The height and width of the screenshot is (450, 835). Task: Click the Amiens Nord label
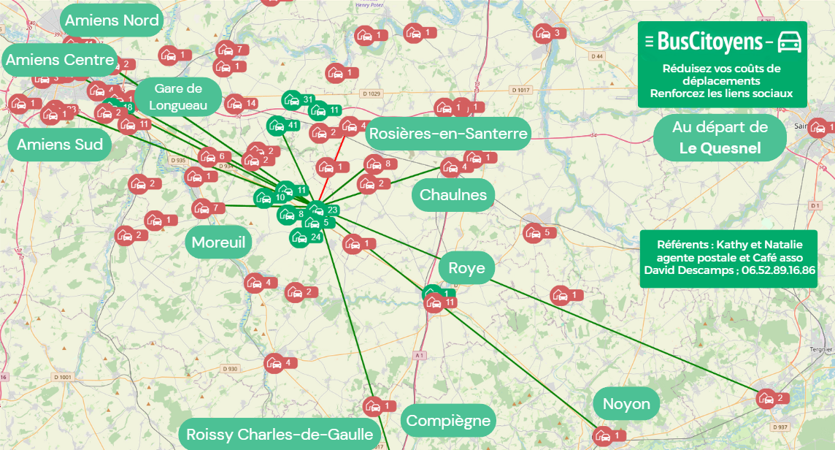tap(112, 20)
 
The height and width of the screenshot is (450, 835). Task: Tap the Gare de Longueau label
tap(178, 96)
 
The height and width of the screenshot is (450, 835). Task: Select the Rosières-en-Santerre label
tap(447, 134)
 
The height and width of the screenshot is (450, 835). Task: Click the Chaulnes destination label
tap(453, 195)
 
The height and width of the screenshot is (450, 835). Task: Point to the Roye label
tap(466, 268)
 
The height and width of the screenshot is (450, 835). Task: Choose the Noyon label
tap(626, 404)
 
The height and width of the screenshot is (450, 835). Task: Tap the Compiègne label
tap(448, 421)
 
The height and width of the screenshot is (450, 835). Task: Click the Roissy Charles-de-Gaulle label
tap(280, 435)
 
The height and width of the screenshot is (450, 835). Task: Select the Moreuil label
tap(218, 242)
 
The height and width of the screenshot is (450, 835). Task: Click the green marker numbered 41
tap(277, 126)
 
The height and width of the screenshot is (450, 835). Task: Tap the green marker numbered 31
tap(291, 100)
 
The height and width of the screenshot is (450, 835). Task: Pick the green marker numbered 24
tap(299, 237)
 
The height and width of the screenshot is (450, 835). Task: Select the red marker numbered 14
tap(234, 104)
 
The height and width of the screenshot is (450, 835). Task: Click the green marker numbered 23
tap(316, 210)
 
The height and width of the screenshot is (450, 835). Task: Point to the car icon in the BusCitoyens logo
tap(790, 42)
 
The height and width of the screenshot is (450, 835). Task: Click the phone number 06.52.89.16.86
tap(778, 270)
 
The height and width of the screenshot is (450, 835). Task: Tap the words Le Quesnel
tap(720, 148)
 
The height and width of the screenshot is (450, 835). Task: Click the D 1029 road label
tap(372, 94)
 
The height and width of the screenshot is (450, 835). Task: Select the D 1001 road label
tap(64, 377)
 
